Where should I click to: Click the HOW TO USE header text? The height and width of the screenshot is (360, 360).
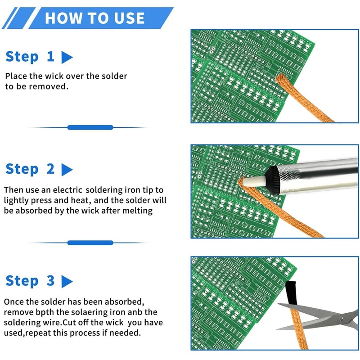click(x=94, y=18)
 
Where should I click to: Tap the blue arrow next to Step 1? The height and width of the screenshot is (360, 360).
click(x=67, y=58)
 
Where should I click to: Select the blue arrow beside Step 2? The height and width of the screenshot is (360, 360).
click(x=67, y=170)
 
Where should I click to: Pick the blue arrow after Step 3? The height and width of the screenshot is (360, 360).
click(x=67, y=282)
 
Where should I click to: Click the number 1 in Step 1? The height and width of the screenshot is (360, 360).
click(x=50, y=57)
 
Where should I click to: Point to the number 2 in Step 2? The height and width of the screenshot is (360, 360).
click(x=50, y=169)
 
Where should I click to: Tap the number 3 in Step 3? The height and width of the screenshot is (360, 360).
click(x=50, y=281)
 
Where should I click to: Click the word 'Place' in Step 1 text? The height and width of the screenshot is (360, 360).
click(x=16, y=76)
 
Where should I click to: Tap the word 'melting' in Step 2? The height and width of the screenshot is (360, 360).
click(x=138, y=211)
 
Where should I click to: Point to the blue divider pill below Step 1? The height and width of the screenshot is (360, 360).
click(x=90, y=127)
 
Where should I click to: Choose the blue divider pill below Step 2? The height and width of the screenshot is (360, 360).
click(x=90, y=243)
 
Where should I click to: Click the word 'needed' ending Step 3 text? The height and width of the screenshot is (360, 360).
click(x=126, y=333)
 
